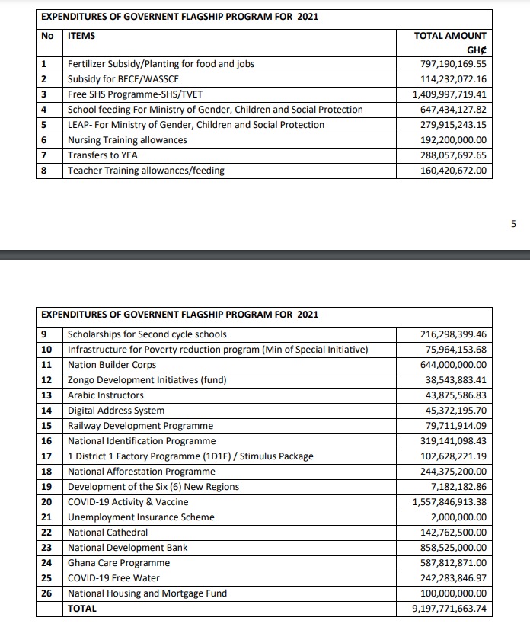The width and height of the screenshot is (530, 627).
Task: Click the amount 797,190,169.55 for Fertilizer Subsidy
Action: [x=453, y=64]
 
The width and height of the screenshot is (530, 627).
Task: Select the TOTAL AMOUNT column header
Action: [x=449, y=36]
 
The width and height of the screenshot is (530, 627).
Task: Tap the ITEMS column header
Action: [x=81, y=36]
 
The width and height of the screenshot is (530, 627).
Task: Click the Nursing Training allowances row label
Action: [x=127, y=140]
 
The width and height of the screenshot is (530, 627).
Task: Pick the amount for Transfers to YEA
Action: [x=453, y=155]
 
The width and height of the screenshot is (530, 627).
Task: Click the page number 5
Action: [x=513, y=224]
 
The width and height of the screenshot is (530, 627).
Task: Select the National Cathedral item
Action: [x=107, y=533]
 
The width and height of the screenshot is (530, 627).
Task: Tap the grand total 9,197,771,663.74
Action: [x=449, y=609]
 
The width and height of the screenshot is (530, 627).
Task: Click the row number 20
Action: [x=46, y=502]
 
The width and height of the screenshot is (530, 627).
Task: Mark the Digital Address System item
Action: [x=116, y=411]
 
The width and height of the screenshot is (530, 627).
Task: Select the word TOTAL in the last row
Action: [x=82, y=609]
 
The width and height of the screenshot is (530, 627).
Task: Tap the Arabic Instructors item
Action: [x=105, y=395]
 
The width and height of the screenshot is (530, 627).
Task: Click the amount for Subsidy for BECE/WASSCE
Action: [x=453, y=79]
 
